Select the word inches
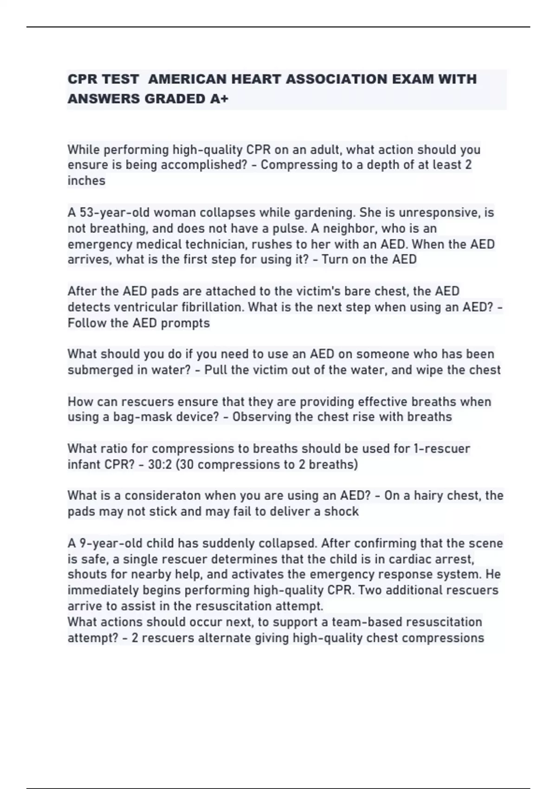tap(86, 181)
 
